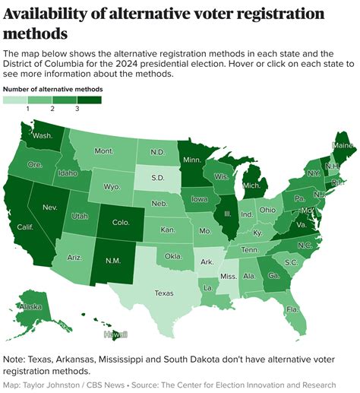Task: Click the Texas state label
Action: click(163, 292)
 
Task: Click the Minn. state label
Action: click(193, 161)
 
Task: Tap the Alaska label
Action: click(30, 306)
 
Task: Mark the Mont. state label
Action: click(103, 151)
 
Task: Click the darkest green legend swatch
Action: click(89, 100)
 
